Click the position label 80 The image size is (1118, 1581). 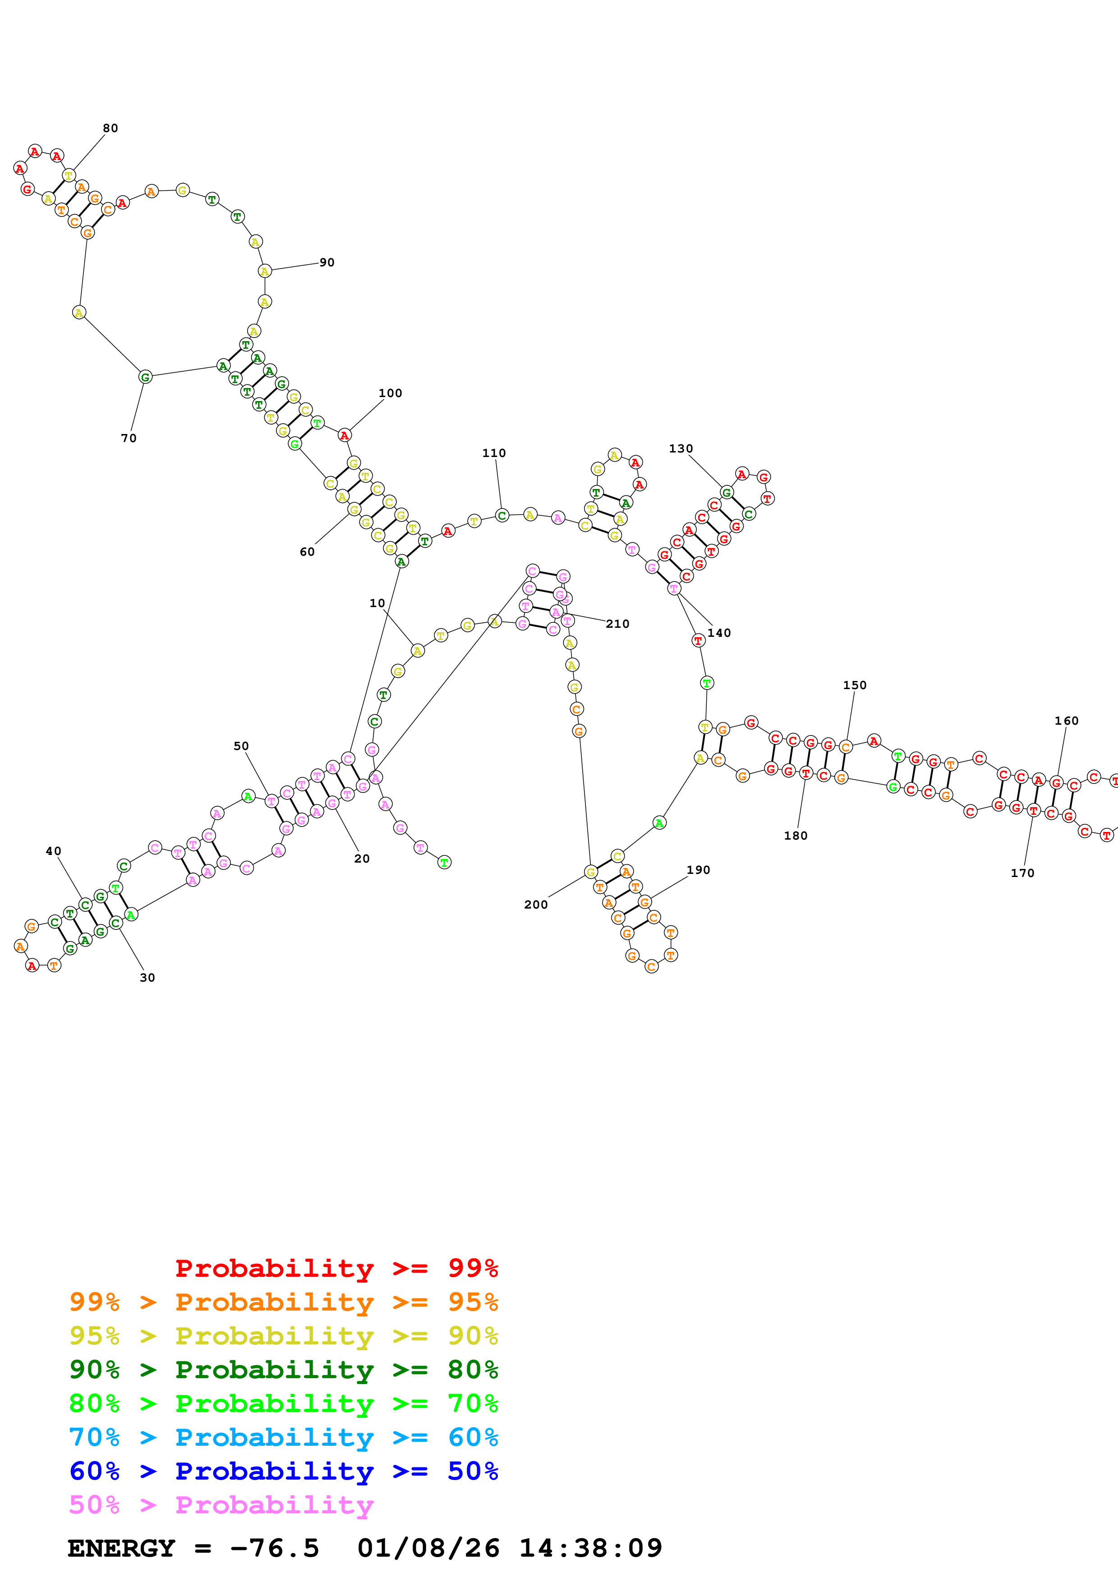click(110, 128)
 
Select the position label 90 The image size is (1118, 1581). click(327, 262)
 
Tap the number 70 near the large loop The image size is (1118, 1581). click(129, 438)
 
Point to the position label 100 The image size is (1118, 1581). click(390, 393)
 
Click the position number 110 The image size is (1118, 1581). click(494, 453)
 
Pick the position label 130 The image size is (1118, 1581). click(681, 449)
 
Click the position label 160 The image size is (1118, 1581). click(1066, 721)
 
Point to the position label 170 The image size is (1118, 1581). click(1022, 873)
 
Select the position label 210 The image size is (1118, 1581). click(617, 624)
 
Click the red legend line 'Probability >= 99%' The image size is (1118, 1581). click(336, 1268)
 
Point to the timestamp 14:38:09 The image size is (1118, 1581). click(590, 1548)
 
